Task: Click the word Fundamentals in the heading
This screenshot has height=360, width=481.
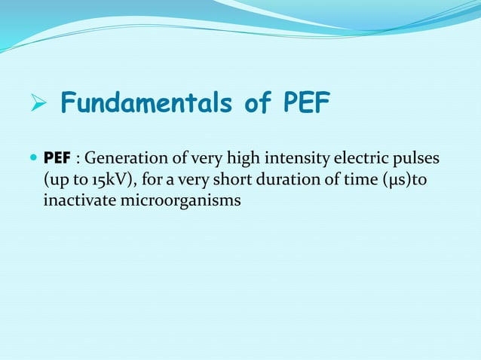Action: [144, 104]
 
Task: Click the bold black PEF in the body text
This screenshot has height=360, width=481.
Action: [57, 160]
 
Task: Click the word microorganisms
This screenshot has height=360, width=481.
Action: [179, 202]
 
